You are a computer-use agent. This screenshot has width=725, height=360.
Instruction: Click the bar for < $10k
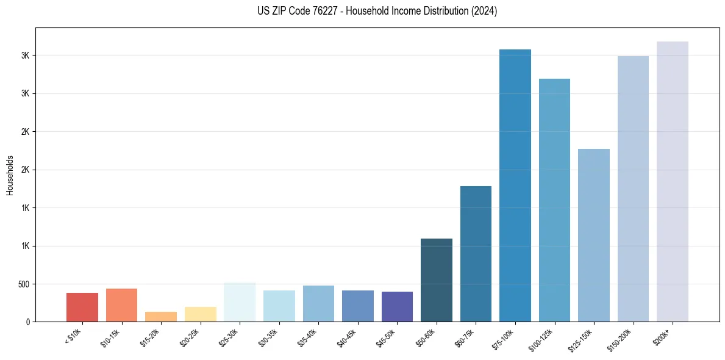coord(82,307)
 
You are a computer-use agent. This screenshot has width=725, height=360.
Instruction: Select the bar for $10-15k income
coord(121,305)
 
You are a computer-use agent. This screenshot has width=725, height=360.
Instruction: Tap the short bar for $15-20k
coord(161,317)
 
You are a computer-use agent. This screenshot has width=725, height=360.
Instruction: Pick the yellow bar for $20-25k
coord(200,314)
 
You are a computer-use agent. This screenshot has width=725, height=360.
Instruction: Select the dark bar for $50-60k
coord(437,280)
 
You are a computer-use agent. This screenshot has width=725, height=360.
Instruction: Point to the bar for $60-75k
coord(476,254)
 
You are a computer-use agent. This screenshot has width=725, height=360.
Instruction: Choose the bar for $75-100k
coord(515,185)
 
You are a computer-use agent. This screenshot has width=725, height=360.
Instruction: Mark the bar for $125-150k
coord(594,235)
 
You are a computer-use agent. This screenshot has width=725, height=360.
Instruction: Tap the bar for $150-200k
coord(633,189)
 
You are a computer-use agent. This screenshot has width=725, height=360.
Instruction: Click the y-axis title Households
coord(10,175)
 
